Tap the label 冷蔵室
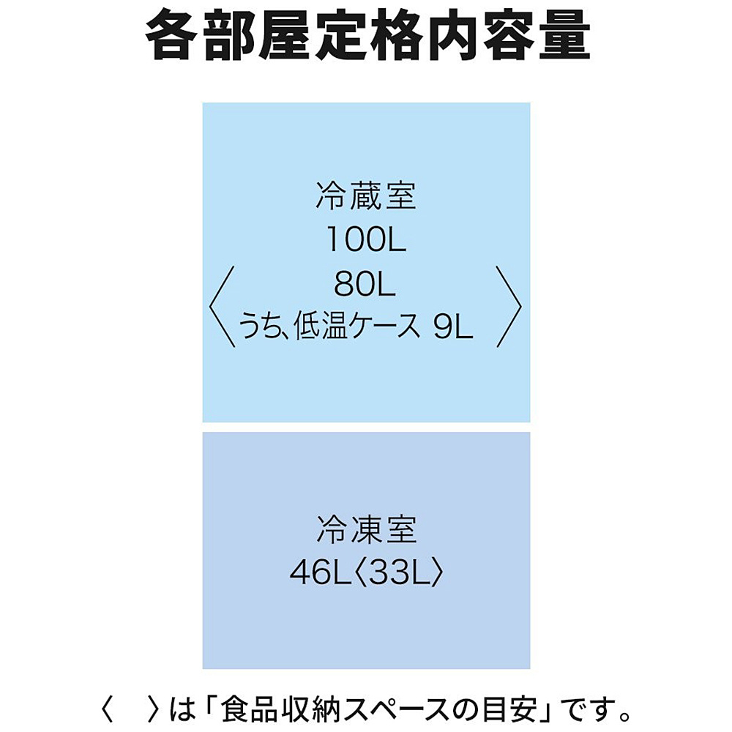click(366, 197)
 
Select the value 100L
click(366, 240)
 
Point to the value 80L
click(365, 284)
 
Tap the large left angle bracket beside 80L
click(222, 306)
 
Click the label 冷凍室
click(366, 529)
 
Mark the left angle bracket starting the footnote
click(108, 709)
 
